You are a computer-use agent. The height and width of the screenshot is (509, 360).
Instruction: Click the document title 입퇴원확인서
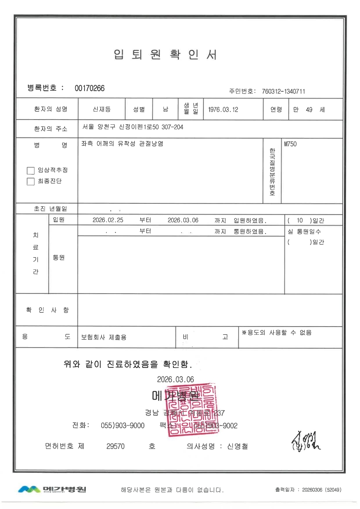165,55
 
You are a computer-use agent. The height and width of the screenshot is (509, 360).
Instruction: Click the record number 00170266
89,88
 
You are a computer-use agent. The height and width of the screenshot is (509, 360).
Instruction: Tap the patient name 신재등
101,109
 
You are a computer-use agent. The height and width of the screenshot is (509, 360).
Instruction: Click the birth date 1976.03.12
223,109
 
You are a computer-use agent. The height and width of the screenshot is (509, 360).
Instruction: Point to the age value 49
310,109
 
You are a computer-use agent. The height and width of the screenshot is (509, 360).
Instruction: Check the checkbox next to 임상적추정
31,171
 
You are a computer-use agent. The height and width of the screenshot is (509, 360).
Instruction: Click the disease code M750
290,144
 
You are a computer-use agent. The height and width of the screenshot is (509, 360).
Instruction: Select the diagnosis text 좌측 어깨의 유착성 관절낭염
122,144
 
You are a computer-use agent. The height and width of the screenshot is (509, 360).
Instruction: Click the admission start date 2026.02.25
108,220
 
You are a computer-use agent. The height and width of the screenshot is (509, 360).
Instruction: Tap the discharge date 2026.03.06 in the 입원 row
183,220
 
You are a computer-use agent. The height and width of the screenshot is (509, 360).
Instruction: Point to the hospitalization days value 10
299,220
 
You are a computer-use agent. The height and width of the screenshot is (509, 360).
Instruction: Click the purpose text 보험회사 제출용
104,338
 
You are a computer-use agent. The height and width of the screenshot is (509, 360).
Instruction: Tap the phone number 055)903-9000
123,426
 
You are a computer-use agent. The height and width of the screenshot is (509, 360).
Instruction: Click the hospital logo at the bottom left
52,489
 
